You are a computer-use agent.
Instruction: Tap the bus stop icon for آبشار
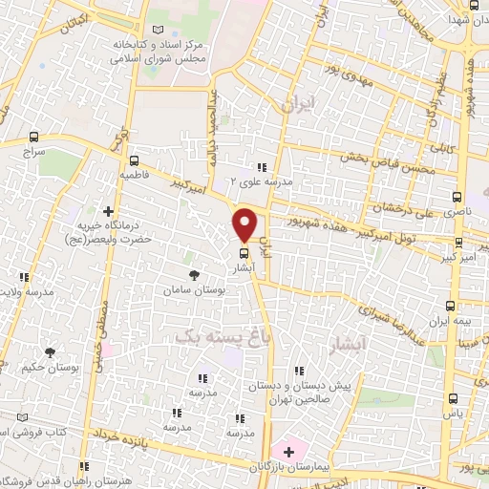[x=244, y=254]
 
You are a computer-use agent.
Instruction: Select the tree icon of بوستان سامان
[x=195, y=275]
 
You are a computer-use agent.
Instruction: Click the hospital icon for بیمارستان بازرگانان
[x=285, y=449]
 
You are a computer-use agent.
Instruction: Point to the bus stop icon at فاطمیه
[x=134, y=160]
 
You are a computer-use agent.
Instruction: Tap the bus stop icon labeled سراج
[x=34, y=137]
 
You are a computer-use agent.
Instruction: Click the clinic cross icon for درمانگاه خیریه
[x=108, y=211]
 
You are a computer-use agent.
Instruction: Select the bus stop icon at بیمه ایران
[x=452, y=306]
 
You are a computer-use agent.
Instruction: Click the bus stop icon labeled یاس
[x=452, y=400]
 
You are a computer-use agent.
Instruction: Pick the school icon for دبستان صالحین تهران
[x=300, y=371]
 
